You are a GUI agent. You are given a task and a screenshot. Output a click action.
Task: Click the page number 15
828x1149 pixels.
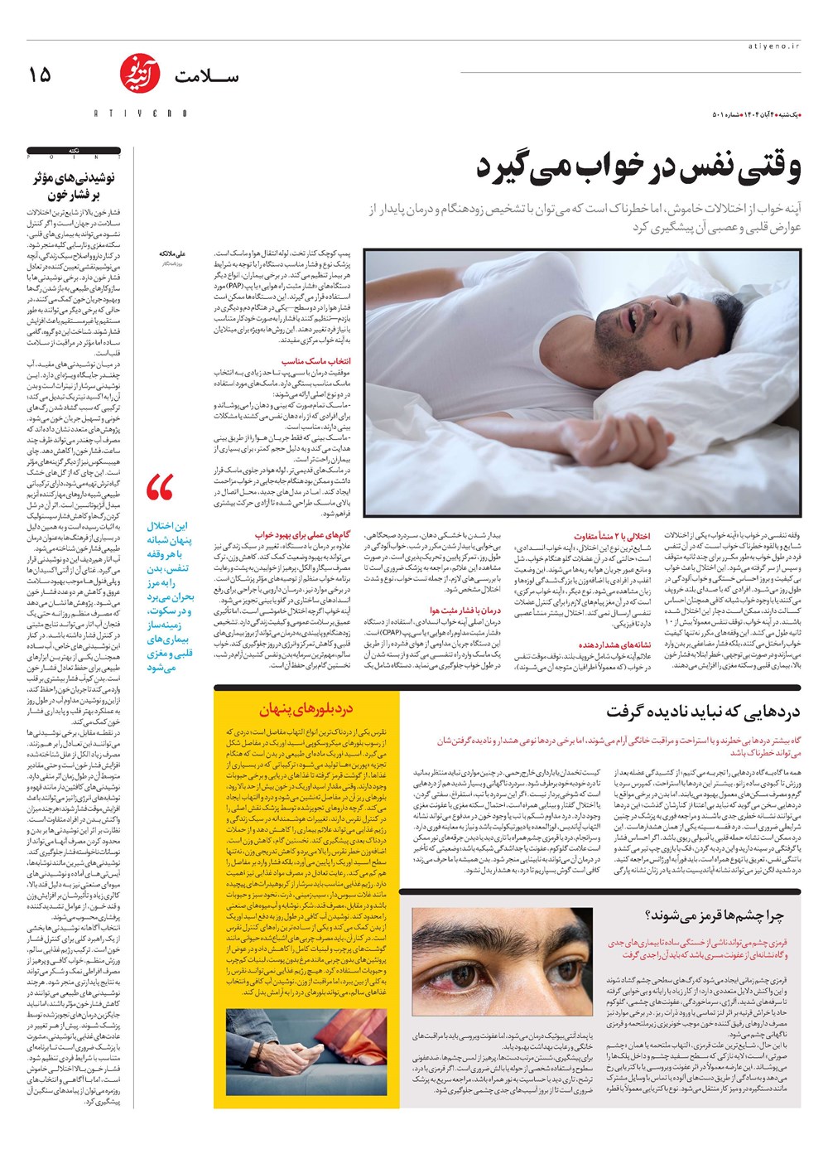click(39, 75)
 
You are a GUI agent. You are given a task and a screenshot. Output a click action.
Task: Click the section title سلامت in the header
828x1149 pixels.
click(206, 76)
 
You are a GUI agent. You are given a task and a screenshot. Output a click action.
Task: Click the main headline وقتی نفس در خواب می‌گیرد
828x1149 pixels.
click(638, 168)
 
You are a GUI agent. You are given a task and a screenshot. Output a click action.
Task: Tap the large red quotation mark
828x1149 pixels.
click(159, 488)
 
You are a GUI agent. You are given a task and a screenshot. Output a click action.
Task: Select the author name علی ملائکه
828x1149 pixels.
click(172, 253)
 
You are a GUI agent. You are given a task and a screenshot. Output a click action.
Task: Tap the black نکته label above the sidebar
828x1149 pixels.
click(75, 152)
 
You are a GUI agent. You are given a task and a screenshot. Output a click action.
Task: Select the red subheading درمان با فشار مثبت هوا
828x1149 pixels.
click(465, 611)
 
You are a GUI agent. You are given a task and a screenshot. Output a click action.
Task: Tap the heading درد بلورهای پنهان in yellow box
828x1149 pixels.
click(306, 709)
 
